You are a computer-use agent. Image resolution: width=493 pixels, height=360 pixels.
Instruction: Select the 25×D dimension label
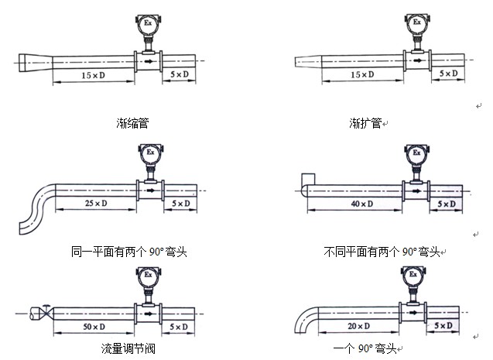click(x=94, y=204)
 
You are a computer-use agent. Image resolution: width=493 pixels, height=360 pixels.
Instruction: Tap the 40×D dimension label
click(x=361, y=204)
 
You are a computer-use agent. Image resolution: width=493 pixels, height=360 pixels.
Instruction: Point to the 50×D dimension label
click(x=94, y=327)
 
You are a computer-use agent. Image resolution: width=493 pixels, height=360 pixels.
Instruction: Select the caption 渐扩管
click(x=365, y=122)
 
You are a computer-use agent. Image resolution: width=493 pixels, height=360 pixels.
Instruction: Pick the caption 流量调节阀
click(x=128, y=349)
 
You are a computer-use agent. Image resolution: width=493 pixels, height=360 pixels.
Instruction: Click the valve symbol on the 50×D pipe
click(x=46, y=313)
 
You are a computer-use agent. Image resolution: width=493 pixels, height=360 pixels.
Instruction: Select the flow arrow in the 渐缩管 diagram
click(x=147, y=59)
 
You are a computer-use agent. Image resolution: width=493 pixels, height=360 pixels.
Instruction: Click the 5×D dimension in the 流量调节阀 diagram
click(x=179, y=327)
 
